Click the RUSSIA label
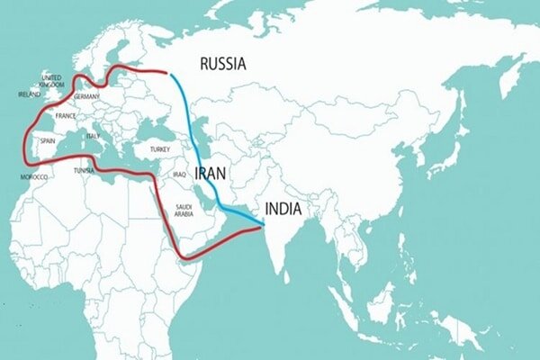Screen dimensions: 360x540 click(222, 63)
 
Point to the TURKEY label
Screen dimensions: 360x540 click(161, 148)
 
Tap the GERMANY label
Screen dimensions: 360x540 click(87, 95)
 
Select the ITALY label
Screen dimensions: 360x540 click(93, 136)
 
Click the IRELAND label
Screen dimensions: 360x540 click(28, 94)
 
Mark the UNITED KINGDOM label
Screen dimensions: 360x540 click(50, 82)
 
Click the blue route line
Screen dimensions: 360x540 click(191, 117)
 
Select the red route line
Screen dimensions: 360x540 click(135, 175)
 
